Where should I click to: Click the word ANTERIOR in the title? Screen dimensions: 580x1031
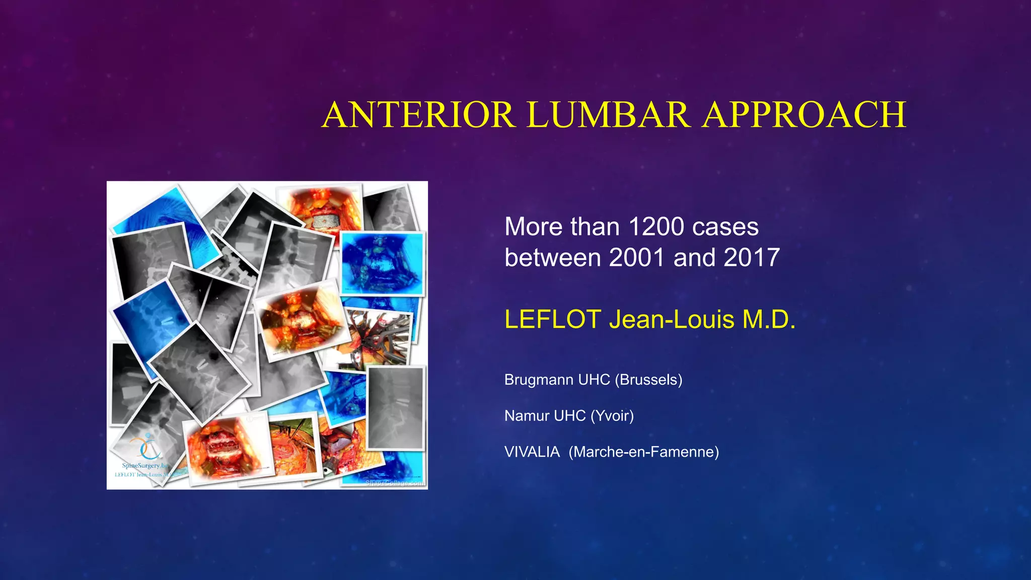419,115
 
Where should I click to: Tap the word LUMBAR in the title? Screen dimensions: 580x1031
608,115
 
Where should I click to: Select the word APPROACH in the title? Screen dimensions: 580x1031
804,115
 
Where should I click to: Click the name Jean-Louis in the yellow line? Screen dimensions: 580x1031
672,319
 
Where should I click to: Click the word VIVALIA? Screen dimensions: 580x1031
532,452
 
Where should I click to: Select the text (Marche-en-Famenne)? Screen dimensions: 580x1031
644,452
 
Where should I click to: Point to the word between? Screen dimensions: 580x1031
553,258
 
